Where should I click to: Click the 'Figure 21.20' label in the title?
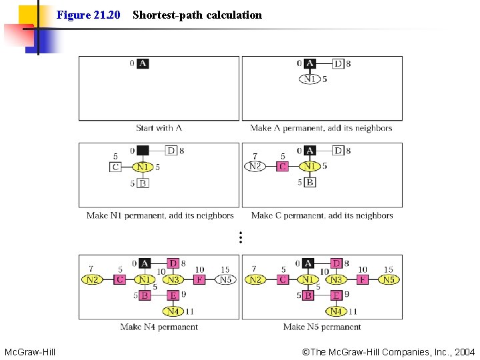tap(88, 15)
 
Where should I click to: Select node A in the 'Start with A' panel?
tap(143, 64)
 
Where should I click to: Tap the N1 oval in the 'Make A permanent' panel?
tap(310, 79)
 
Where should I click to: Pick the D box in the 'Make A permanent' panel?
tap(338, 64)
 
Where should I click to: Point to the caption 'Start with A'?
tap(159, 128)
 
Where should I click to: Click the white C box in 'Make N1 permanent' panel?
tap(115, 167)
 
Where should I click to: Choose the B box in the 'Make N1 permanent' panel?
tap(143, 183)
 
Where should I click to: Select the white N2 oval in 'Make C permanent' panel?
tap(255, 166)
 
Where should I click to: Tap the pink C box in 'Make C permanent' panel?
tap(282, 166)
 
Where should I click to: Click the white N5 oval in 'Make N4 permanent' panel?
tap(225, 279)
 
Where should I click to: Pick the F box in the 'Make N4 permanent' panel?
tap(199, 279)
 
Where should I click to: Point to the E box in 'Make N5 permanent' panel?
tap(337, 295)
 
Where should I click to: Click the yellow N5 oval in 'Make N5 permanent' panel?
tap(389, 279)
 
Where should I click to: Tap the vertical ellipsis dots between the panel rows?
tap(240, 236)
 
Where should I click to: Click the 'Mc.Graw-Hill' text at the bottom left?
tap(30, 352)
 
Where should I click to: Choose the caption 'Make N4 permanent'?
tap(159, 327)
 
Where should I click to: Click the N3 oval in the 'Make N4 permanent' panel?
tap(173, 279)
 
